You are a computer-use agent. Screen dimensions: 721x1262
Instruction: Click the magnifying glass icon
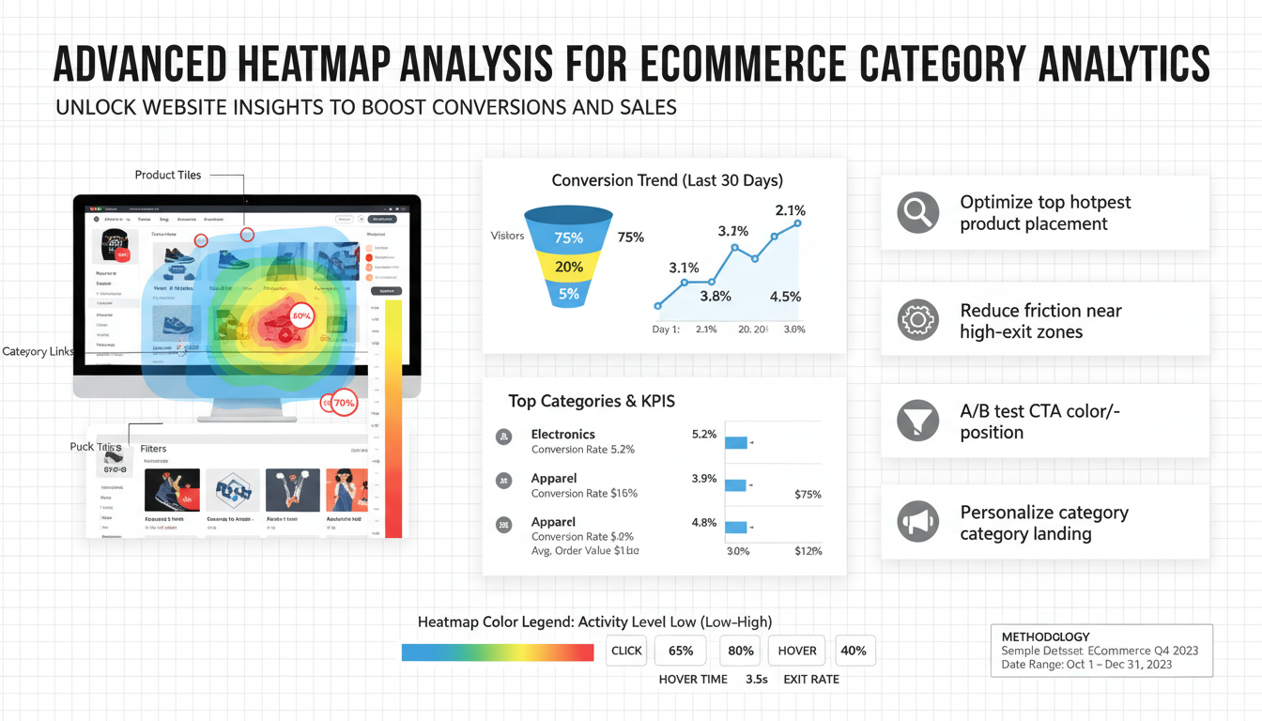pos(917,213)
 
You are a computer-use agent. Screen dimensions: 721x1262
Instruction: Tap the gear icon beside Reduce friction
pos(917,321)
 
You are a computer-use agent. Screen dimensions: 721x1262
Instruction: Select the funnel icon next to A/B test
pos(917,421)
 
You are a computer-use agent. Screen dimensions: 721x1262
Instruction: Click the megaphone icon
pos(917,522)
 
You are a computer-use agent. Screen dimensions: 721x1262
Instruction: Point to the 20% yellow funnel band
pos(569,267)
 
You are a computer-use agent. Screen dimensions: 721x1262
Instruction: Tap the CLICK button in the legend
pos(626,651)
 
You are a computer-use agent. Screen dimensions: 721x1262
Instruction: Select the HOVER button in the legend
pos(797,651)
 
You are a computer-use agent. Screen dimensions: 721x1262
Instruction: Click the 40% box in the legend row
pos(854,651)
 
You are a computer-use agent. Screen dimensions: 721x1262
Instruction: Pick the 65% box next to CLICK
pos(681,651)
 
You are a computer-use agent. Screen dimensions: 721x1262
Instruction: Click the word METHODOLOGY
pos(1045,637)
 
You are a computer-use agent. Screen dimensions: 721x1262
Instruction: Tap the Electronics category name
pos(563,434)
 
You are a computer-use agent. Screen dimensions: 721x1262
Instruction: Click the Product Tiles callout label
pos(168,175)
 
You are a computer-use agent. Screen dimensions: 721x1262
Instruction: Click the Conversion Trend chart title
pos(667,180)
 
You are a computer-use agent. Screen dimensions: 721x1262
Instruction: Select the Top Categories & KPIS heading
pos(592,401)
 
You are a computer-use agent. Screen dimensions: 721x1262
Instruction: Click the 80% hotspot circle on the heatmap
pos(301,316)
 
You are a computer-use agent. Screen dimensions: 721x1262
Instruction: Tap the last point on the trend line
pos(797,223)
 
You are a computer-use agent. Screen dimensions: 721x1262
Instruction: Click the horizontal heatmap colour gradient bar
pos(498,652)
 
